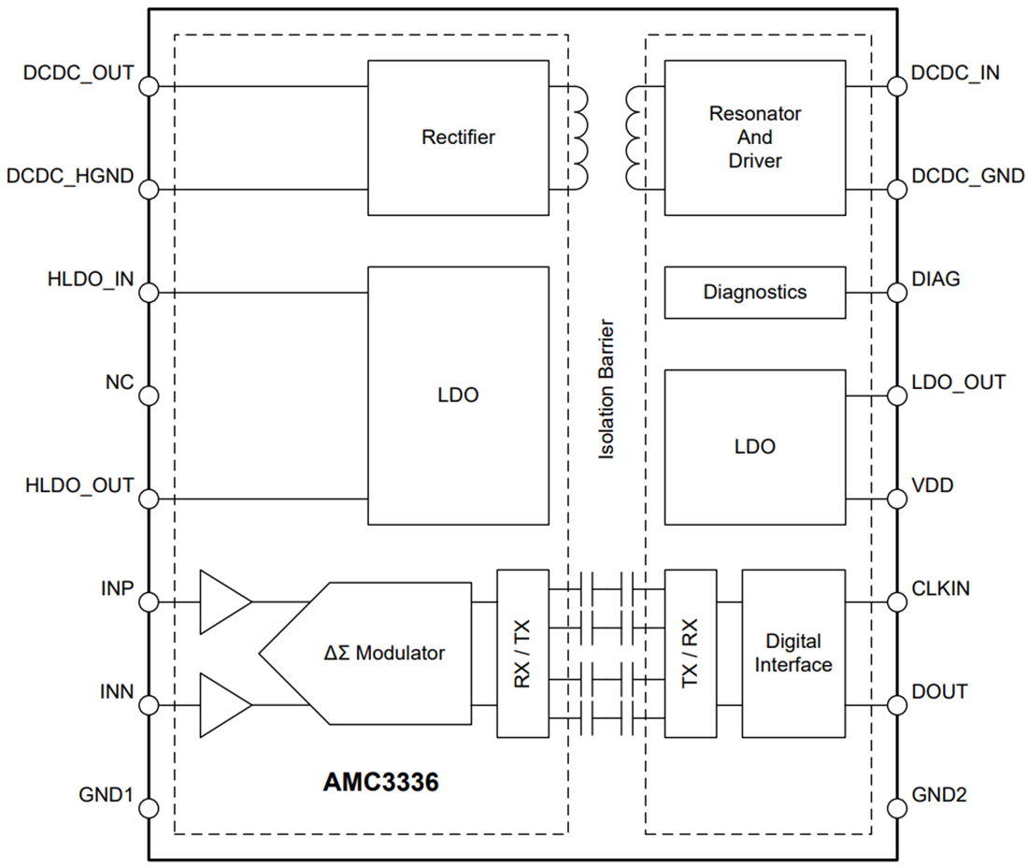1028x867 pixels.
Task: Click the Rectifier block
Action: (458, 137)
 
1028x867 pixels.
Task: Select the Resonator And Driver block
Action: (755, 137)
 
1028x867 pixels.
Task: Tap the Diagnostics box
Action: (755, 292)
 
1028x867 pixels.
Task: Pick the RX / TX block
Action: (522, 653)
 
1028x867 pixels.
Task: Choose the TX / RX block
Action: (691, 653)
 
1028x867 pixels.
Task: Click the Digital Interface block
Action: (793, 653)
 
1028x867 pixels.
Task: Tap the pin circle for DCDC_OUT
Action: (149, 87)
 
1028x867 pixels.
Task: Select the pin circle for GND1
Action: (149, 809)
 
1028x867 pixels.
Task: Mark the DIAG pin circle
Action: (897, 293)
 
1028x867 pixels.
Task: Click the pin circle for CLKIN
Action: (897, 602)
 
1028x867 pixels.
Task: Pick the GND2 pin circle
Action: (897, 809)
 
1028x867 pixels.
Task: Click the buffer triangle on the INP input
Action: (222, 602)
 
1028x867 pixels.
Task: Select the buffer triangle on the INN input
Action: (222, 705)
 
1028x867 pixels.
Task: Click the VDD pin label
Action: (933, 486)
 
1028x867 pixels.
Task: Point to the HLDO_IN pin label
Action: (91, 280)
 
